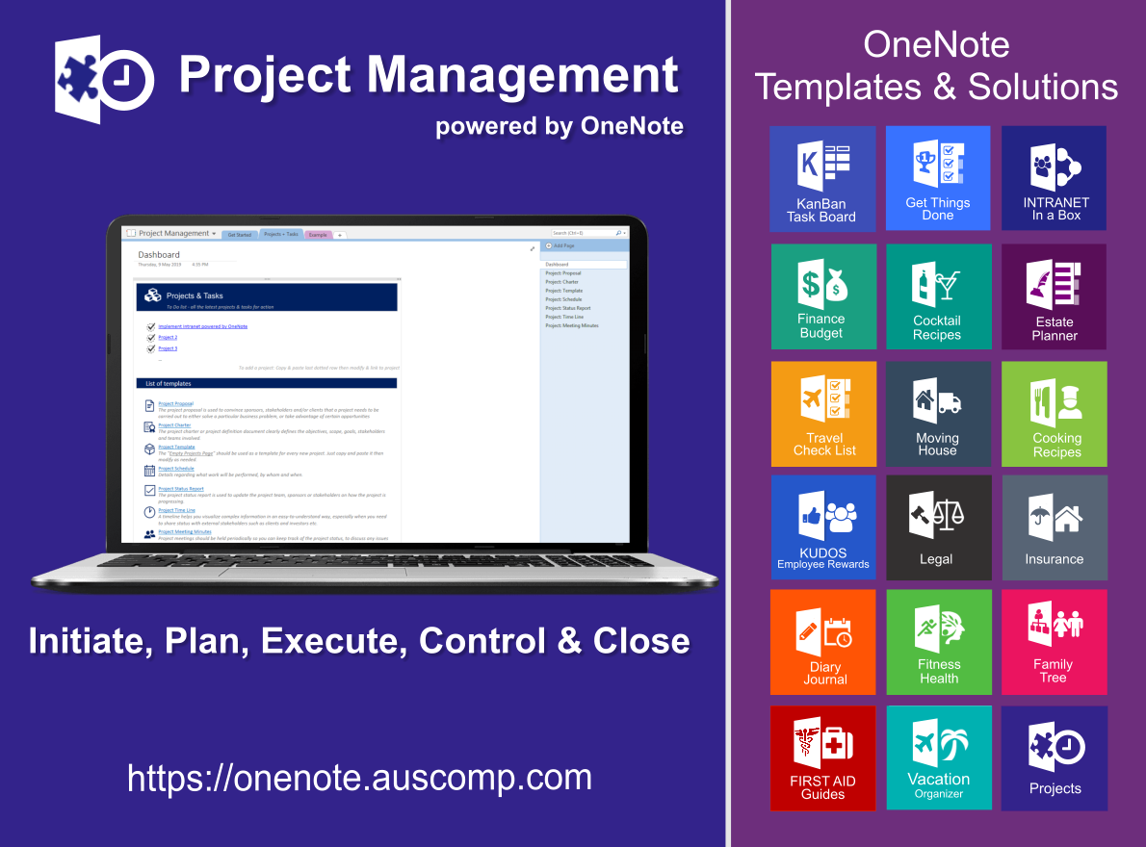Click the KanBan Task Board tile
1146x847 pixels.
click(x=822, y=179)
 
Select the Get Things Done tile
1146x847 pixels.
click(x=938, y=178)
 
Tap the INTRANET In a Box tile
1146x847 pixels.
click(x=1055, y=178)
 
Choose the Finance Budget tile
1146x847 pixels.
click(x=823, y=296)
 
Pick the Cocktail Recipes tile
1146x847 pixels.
click(x=938, y=296)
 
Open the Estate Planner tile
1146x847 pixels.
click(x=1055, y=296)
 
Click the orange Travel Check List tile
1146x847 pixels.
click(x=823, y=414)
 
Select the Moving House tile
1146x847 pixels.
click(x=938, y=414)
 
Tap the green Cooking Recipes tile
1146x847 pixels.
click(x=1055, y=414)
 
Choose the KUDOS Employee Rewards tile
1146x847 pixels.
click(x=823, y=527)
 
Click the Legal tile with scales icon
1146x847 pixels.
click(x=938, y=527)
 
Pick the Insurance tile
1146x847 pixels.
click(x=1055, y=527)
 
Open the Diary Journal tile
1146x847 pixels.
click(x=823, y=642)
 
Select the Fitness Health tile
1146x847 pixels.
click(x=938, y=642)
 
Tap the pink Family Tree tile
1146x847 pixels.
click(x=1055, y=642)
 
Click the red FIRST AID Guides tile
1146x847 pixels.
click(x=823, y=758)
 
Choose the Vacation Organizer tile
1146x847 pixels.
click(x=938, y=758)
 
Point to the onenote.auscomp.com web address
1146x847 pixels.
click(x=359, y=777)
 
